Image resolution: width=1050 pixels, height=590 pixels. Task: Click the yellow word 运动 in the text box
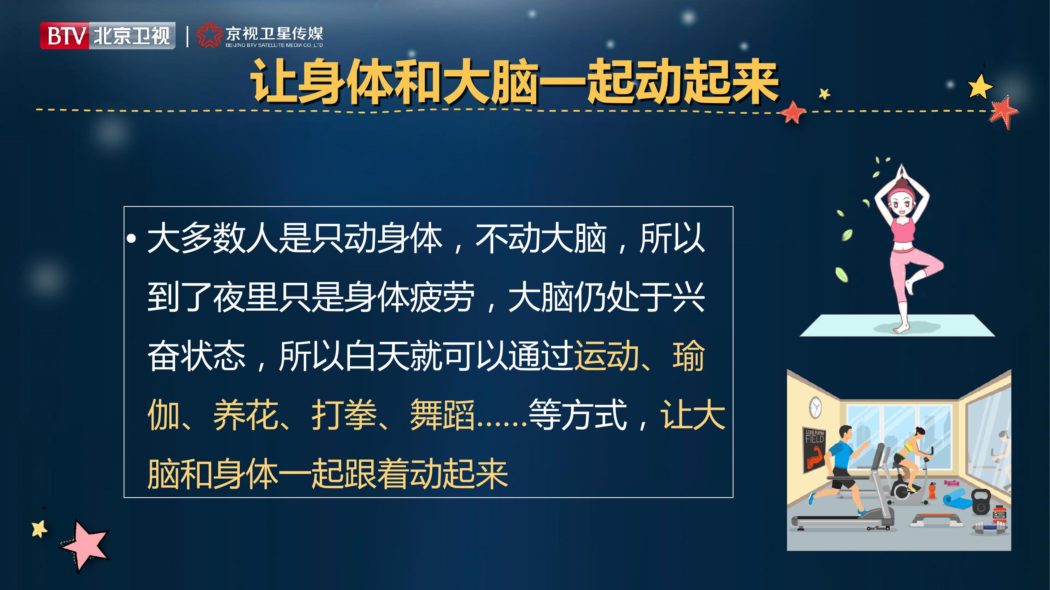click(x=606, y=356)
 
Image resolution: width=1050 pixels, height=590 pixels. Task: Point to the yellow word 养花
click(x=245, y=415)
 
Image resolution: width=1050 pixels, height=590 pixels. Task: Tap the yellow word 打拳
click(x=344, y=415)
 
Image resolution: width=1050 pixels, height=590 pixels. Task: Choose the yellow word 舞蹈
click(x=442, y=415)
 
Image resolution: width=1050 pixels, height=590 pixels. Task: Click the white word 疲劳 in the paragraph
click(x=442, y=297)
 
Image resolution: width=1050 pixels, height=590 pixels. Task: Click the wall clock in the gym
click(x=815, y=407)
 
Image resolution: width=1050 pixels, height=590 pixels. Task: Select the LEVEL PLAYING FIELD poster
click(x=815, y=450)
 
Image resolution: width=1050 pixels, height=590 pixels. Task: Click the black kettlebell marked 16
click(x=981, y=502)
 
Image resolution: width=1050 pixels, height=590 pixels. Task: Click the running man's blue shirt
click(x=840, y=454)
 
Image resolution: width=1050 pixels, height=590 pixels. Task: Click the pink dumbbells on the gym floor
click(x=951, y=483)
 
